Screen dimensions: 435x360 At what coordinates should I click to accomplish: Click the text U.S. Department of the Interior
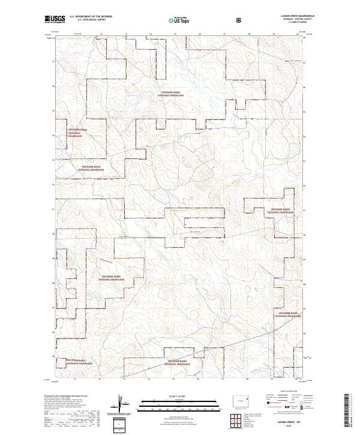click(x=91, y=16)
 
